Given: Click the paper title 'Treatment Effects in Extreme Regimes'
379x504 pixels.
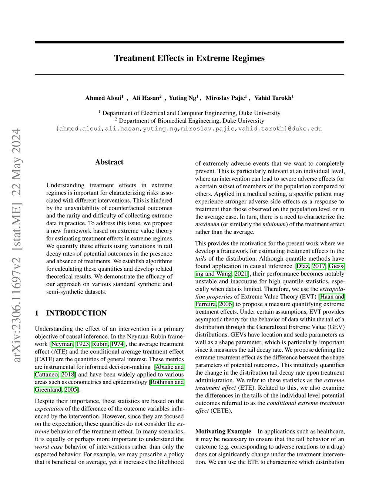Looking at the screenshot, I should pos(189,58).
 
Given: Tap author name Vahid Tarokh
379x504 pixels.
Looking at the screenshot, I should pos(273,98).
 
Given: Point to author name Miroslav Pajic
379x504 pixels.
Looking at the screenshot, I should pos(225,98).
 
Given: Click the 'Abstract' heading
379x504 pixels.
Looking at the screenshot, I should pos(109,162).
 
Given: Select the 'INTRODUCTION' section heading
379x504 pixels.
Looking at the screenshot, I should pos(76,313).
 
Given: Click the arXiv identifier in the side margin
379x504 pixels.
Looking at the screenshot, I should pos(17,246).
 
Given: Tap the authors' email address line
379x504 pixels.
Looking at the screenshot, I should pos(189,129).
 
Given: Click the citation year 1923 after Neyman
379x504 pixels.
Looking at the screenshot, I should pos(83,344).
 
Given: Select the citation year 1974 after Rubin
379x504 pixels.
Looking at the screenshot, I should pos(117,344).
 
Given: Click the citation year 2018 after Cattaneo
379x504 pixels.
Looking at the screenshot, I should pos(68,375).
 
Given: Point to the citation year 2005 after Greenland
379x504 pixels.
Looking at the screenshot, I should pos(71,390).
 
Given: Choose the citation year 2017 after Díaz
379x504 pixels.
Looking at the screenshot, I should pos(318,266).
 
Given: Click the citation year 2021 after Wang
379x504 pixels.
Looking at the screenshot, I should pos(241,274).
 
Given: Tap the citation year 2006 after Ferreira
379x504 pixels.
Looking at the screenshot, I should pos(225,304).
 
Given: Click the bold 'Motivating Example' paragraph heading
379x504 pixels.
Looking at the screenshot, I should pos(223,432).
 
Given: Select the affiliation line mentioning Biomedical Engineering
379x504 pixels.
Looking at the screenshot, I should pos(189,121).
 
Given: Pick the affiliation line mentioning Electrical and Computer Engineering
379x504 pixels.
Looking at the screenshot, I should pos(189,113).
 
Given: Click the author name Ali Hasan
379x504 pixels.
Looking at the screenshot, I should pos(146,98).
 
